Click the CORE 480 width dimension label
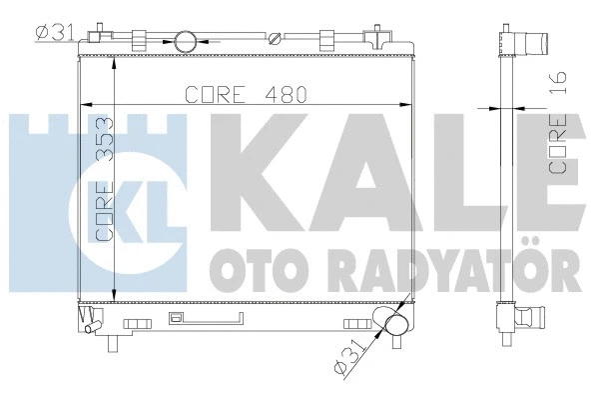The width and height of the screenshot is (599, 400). pos(246,94)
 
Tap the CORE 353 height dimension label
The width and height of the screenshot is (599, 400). pos(105,179)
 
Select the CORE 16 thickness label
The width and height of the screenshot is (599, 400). pos(557,122)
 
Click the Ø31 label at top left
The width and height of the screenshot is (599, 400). pos(55,32)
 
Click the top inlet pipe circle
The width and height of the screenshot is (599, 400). pos(186,41)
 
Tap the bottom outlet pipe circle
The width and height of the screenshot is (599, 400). pos(396,325)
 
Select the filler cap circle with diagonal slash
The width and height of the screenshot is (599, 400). pos(275,39)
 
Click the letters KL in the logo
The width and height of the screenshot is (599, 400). pos(130,212)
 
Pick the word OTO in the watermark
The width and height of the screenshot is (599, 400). pos(254,270)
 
